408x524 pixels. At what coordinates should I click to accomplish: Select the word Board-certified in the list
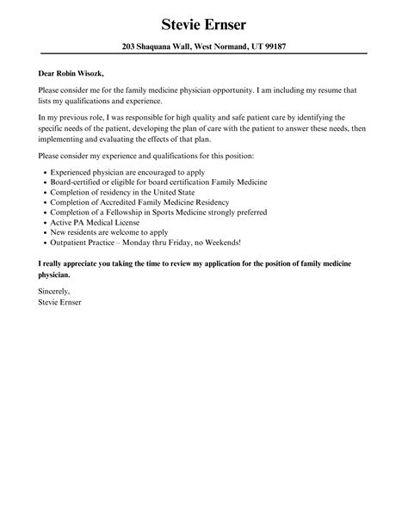pyautogui.click(x=71, y=182)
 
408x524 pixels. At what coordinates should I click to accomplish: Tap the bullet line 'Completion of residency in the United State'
pyautogui.click(x=122, y=194)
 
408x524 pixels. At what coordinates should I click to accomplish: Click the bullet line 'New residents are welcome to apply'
pyautogui.click(x=107, y=233)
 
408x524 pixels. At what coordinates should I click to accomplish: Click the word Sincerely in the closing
pyautogui.click(x=56, y=293)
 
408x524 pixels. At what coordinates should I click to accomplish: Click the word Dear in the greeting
pyautogui.click(x=48, y=74)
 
